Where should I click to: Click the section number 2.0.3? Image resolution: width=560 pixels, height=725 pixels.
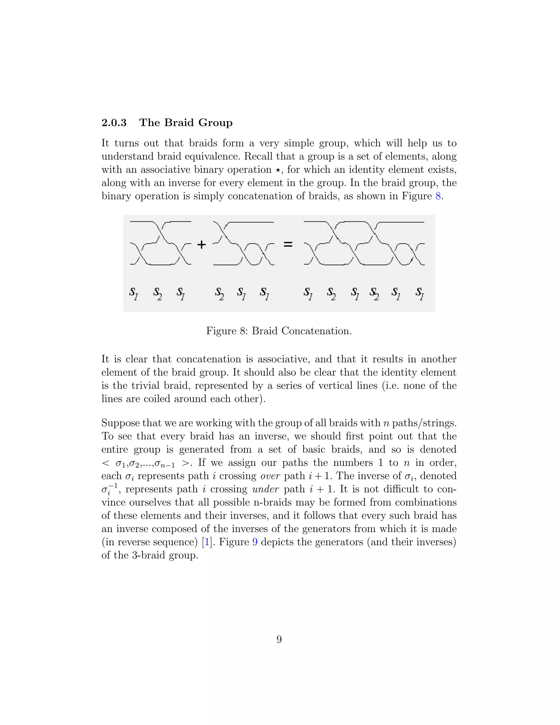(x=114, y=123)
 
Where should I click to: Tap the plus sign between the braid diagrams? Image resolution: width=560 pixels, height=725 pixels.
(x=201, y=245)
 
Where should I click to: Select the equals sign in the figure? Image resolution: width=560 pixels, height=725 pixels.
(x=288, y=245)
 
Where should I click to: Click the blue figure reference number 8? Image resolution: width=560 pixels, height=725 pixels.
(x=438, y=196)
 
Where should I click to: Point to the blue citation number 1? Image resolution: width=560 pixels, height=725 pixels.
(x=207, y=542)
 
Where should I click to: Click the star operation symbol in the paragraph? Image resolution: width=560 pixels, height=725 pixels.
(x=278, y=170)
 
